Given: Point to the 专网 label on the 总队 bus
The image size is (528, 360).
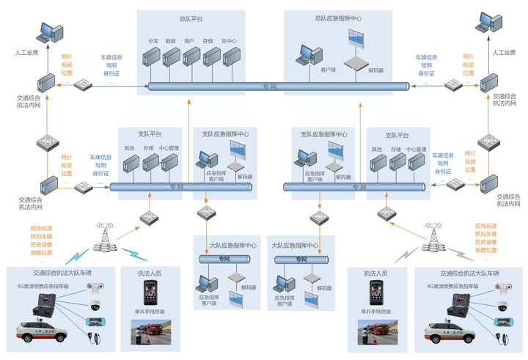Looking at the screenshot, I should click(x=270, y=87).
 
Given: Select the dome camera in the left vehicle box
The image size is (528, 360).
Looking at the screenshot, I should click(x=95, y=304).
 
